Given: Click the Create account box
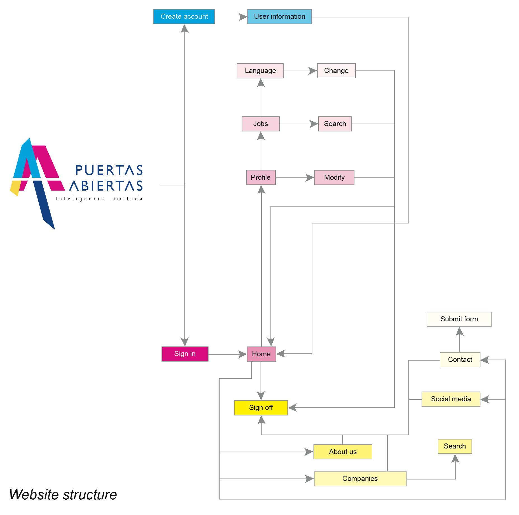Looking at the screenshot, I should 184,17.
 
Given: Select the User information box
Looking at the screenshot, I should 279,17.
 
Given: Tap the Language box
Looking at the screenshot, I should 260,71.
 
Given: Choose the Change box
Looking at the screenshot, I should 336,71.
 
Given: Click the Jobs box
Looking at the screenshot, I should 261,124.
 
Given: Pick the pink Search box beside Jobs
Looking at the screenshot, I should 335,124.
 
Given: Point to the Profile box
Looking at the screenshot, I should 261,177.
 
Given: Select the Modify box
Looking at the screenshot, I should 334,177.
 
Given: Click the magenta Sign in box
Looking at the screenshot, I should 185,354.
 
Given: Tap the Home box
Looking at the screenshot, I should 261,354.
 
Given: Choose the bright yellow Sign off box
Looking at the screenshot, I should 261,408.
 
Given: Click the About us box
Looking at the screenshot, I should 343,452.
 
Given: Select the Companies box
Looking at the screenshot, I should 360,479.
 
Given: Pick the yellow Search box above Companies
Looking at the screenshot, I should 455,446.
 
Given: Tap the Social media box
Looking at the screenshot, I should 451,399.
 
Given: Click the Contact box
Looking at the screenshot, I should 460,360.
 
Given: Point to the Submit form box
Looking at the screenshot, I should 459,319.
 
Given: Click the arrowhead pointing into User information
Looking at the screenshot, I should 243,17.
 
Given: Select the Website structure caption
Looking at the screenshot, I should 63,495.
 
